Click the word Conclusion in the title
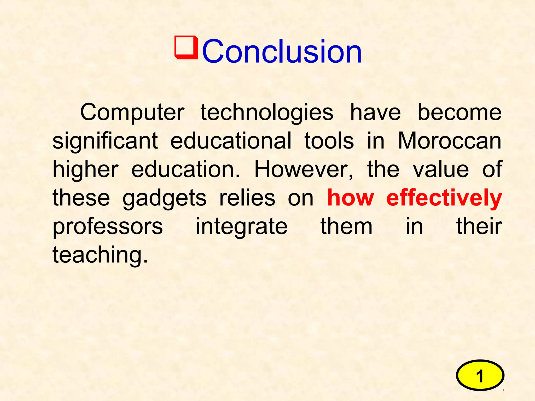282,51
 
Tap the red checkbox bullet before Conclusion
186,47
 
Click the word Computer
132,112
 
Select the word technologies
267,113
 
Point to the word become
459,112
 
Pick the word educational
231,141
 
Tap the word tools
329,141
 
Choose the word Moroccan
449,141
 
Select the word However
303,170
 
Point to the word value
441,169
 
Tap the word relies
247,198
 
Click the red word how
351,198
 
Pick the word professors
108,227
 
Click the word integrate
241,227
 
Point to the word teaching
100,255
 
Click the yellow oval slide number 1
480,375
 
